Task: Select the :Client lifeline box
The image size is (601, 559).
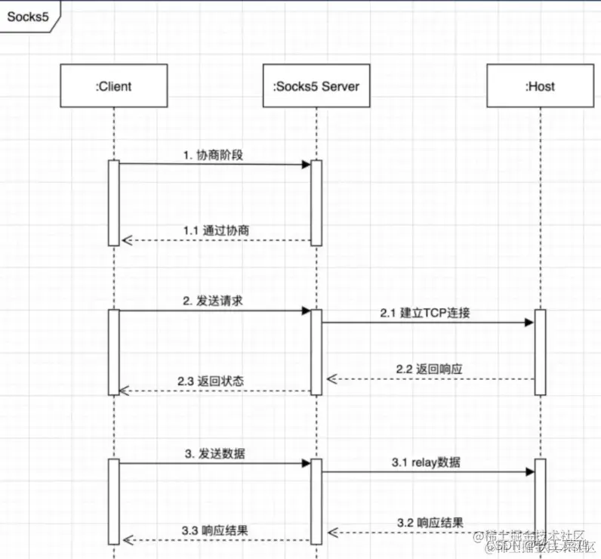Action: (x=113, y=86)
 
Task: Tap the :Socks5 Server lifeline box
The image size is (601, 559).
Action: (x=316, y=86)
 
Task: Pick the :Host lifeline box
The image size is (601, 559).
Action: (x=540, y=86)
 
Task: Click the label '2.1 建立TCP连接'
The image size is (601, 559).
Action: (x=426, y=312)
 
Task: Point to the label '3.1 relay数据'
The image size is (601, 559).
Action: (x=427, y=462)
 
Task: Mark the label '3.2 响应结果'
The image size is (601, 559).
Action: (x=430, y=521)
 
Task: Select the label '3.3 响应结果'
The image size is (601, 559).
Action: (x=214, y=530)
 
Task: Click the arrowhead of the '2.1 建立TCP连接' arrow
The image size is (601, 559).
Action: (x=529, y=323)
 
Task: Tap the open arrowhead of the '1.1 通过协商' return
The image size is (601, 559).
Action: (x=126, y=240)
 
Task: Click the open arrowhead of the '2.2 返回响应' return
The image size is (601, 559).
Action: (x=330, y=378)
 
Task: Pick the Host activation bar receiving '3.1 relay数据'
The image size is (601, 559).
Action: (x=540, y=499)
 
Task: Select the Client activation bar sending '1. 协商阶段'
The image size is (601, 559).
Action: (x=114, y=202)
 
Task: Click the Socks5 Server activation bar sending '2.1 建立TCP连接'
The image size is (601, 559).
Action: (x=316, y=351)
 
